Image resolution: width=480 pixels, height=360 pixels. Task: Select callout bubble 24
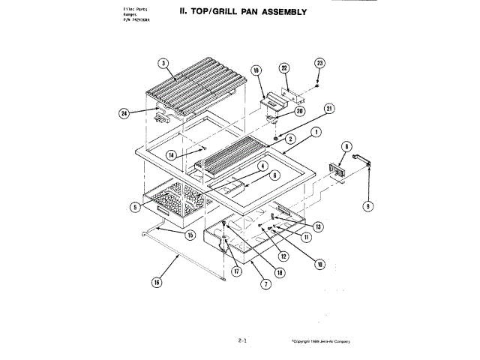tap(124, 113)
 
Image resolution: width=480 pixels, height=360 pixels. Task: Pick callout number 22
tap(284, 68)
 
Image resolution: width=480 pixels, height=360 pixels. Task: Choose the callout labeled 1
tap(316, 131)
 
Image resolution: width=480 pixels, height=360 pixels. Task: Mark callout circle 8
tap(346, 146)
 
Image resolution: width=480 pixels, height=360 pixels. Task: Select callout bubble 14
tap(171, 154)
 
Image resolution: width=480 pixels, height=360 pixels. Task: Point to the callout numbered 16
tap(157, 283)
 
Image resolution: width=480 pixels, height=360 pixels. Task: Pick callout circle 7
tap(265, 283)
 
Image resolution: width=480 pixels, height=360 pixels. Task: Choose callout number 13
tap(318, 226)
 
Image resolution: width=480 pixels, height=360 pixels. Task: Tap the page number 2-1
tap(242, 340)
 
